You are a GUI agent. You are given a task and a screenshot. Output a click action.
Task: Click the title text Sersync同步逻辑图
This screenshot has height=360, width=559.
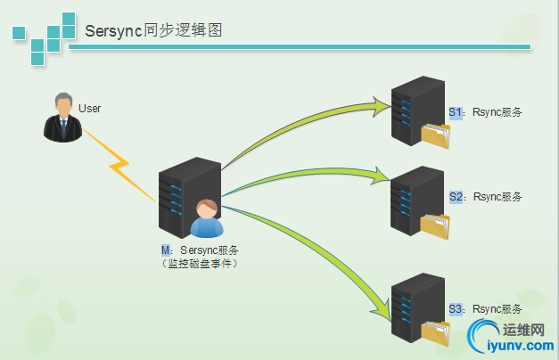coord(153,30)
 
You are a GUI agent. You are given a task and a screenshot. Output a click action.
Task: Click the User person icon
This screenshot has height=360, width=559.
coord(62,117)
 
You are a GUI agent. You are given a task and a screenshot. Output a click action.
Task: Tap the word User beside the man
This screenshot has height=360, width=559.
coord(90,109)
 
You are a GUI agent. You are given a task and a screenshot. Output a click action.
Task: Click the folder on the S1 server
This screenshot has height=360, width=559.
coord(436,136)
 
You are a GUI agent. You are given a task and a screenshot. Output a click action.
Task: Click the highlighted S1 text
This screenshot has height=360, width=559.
coord(456,112)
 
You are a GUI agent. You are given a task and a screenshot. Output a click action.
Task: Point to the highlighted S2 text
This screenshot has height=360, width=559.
coord(456,196)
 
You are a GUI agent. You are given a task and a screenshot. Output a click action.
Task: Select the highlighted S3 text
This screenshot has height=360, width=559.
coord(456,308)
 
